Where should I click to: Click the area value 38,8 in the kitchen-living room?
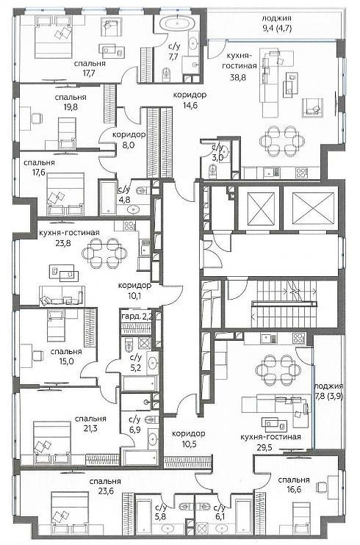click(238, 78)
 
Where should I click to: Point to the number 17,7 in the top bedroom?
click(89, 73)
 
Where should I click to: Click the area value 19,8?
click(71, 107)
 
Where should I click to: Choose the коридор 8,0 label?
click(129, 140)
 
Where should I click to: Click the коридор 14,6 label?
click(190, 100)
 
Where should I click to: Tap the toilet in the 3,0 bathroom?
click(212, 171)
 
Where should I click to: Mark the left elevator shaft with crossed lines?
click(261, 208)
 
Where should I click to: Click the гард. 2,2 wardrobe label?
click(137, 317)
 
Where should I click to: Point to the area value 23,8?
click(64, 243)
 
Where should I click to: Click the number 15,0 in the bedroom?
click(66, 361)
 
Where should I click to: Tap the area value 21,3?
click(90, 428)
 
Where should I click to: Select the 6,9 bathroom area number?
click(134, 430)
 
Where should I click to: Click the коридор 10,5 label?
click(189, 438)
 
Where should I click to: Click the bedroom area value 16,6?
click(294, 489)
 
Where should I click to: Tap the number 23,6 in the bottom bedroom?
click(105, 491)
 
